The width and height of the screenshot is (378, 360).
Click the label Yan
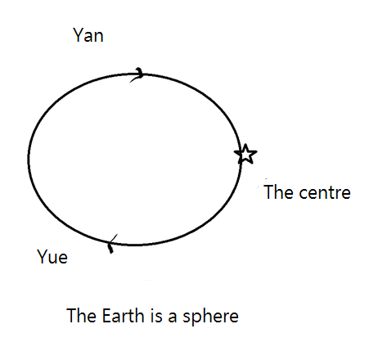[x=88, y=35]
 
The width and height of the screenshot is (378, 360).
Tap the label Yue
[x=52, y=257]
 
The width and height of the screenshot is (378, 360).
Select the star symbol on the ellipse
[x=245, y=154]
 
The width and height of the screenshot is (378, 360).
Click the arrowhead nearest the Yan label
[x=137, y=74]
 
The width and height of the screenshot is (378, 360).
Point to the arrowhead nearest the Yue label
[x=112, y=244]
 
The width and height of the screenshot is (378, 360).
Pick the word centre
[x=325, y=193]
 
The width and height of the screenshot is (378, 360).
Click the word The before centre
[x=279, y=191]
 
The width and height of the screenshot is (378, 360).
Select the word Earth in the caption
[x=123, y=316]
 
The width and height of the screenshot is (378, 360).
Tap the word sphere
[x=210, y=317]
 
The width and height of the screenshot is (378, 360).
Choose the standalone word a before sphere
[x=173, y=317]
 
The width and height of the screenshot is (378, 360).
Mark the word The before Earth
[x=82, y=316]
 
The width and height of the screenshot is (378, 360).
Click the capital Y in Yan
[x=79, y=35]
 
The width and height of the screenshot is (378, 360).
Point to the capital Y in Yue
[x=43, y=256]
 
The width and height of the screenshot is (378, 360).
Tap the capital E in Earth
[x=106, y=316]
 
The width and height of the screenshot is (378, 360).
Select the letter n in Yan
[x=99, y=37]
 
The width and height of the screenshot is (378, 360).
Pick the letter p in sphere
[x=198, y=319]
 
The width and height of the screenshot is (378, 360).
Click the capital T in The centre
[x=268, y=191]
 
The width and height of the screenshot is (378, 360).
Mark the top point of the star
[x=245, y=144]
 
